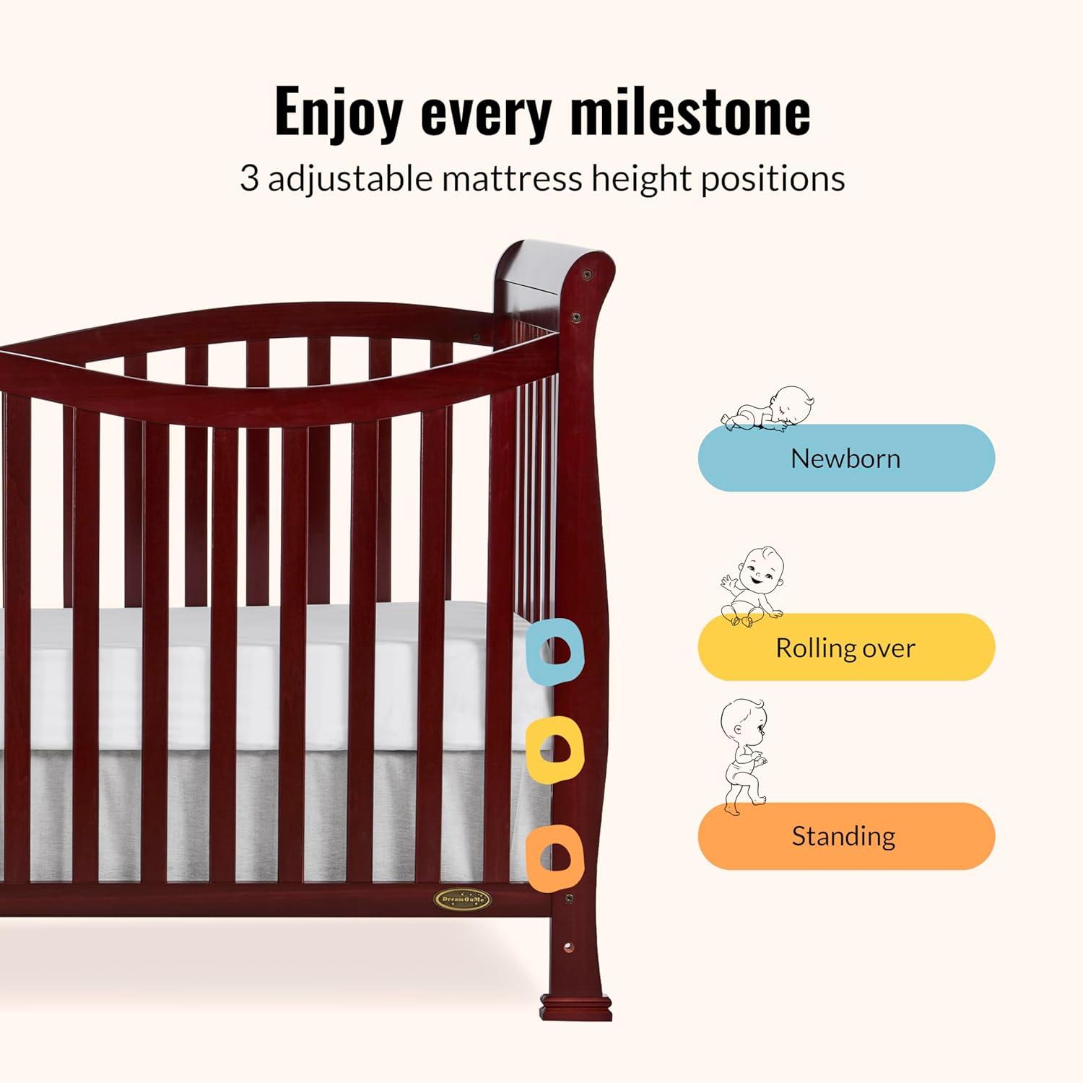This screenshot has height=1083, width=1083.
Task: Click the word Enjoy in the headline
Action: tap(339, 112)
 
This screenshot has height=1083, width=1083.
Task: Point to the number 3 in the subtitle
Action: tap(249, 178)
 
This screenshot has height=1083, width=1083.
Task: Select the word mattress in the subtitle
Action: tap(513, 178)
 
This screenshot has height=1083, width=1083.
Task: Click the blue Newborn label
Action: tap(846, 458)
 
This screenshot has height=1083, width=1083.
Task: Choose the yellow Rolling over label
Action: tap(846, 647)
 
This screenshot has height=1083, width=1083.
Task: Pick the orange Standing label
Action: tap(846, 836)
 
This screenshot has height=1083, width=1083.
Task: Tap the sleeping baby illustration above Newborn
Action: tap(769, 410)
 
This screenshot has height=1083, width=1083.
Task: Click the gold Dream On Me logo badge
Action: tap(461, 899)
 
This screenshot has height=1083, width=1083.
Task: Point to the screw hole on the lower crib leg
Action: tap(568, 945)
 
